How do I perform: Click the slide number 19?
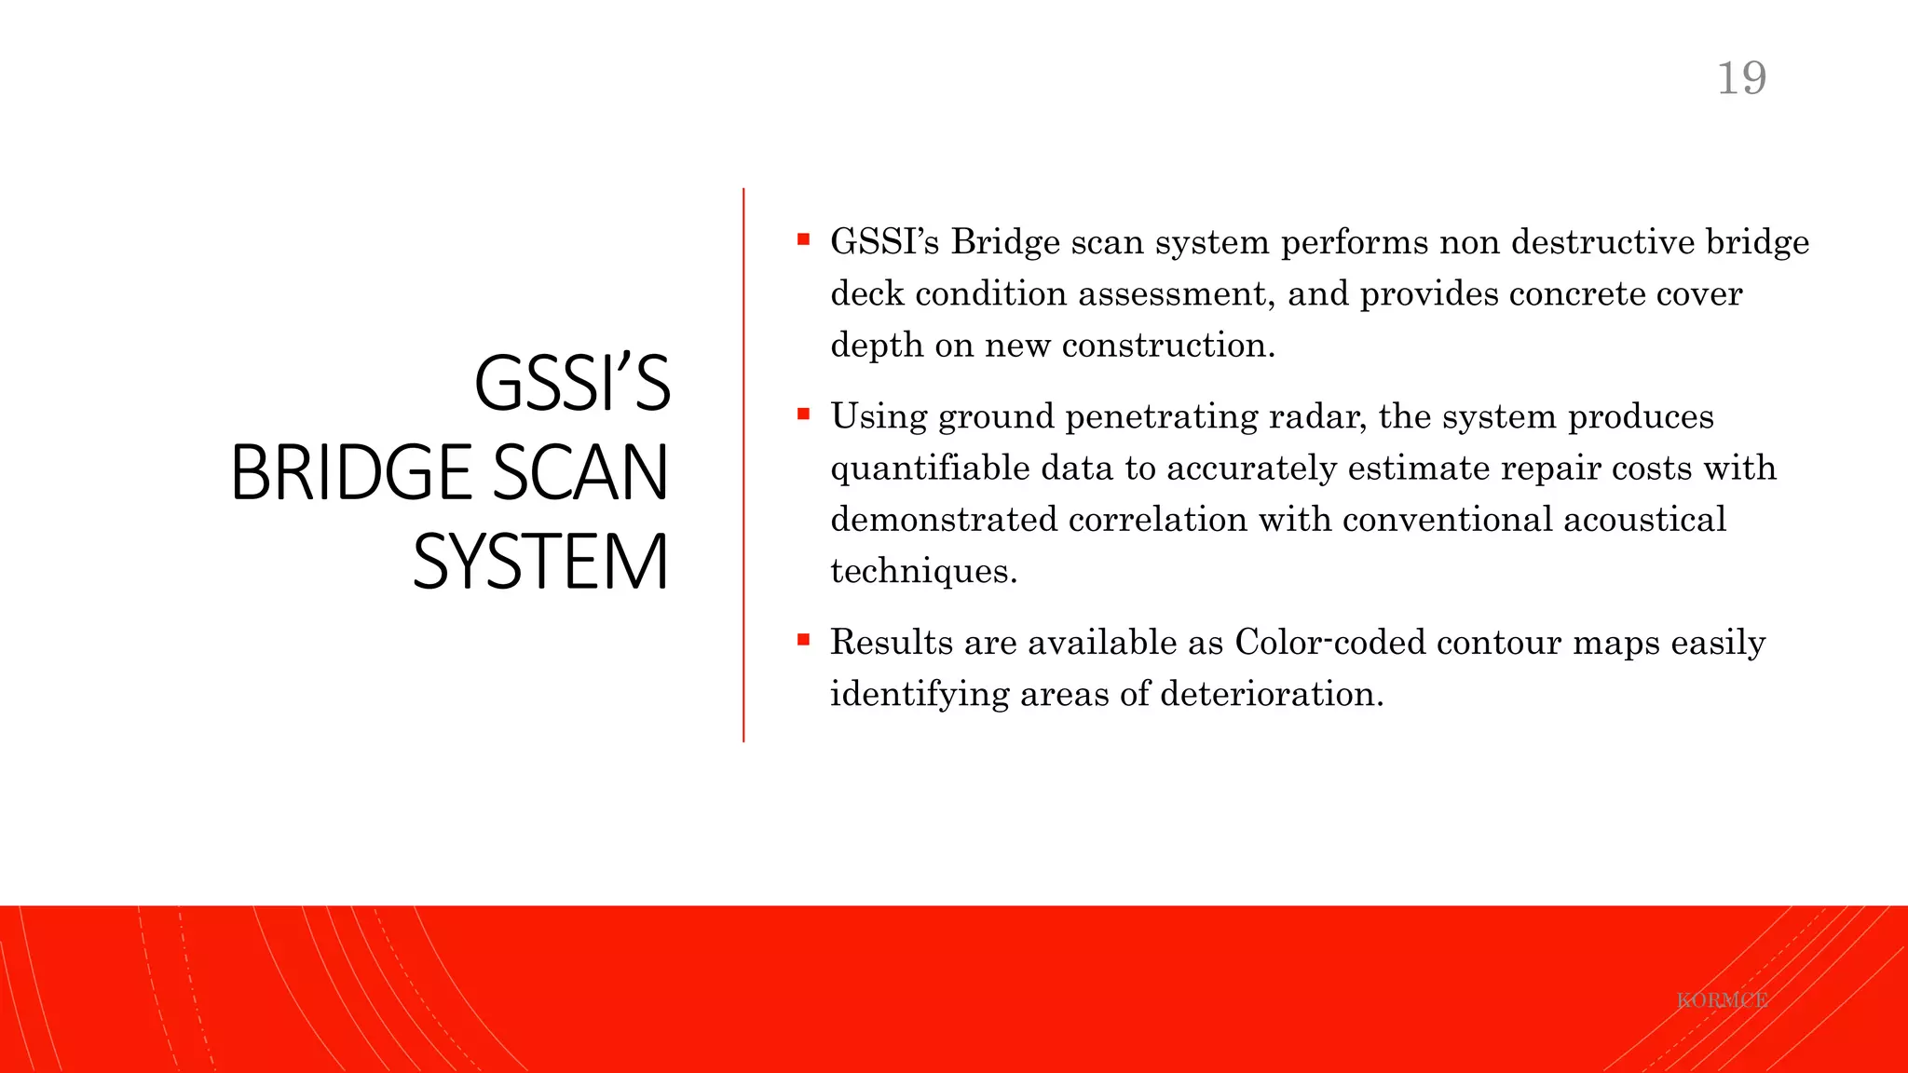[1741, 78]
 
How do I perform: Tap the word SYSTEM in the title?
[540, 562]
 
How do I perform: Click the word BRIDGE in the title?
[352, 472]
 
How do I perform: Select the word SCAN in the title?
[579, 472]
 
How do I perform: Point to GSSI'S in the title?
[572, 383]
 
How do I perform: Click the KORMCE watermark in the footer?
[1722, 1000]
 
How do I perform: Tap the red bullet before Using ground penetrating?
[803, 414]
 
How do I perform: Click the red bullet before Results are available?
[803, 639]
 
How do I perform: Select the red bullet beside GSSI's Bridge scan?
[803, 239]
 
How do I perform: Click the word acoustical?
[1644, 519]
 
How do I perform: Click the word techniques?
[922, 571]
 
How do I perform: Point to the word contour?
[1499, 642]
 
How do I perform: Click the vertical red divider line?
[743, 466]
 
